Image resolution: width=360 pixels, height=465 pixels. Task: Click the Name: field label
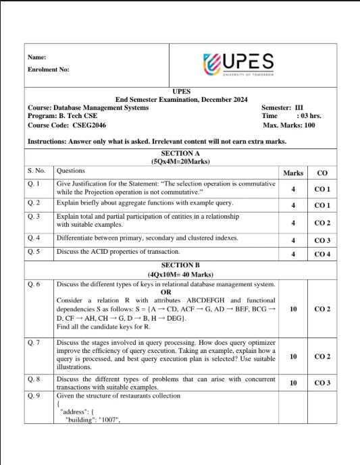coord(36,57)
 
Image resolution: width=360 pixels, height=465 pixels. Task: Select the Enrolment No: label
coord(48,70)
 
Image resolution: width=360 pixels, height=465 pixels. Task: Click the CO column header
coord(322,173)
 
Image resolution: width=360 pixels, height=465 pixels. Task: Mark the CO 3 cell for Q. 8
coord(322,383)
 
